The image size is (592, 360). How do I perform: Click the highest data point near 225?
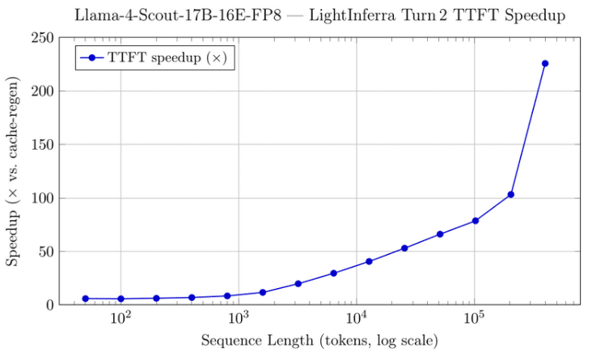[545, 63]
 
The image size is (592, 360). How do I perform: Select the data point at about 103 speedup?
[510, 194]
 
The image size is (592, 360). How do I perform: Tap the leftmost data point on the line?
[85, 299]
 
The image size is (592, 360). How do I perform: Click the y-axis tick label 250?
[43, 38]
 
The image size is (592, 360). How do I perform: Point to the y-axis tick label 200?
[43, 91]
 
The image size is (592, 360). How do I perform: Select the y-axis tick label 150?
[43, 145]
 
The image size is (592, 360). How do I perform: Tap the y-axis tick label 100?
[43, 198]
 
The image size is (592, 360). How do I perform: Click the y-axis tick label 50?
[46, 252]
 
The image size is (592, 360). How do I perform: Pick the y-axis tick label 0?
[49, 305]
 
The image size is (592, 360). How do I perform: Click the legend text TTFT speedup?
[167, 58]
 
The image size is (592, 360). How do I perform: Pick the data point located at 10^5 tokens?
[476, 221]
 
